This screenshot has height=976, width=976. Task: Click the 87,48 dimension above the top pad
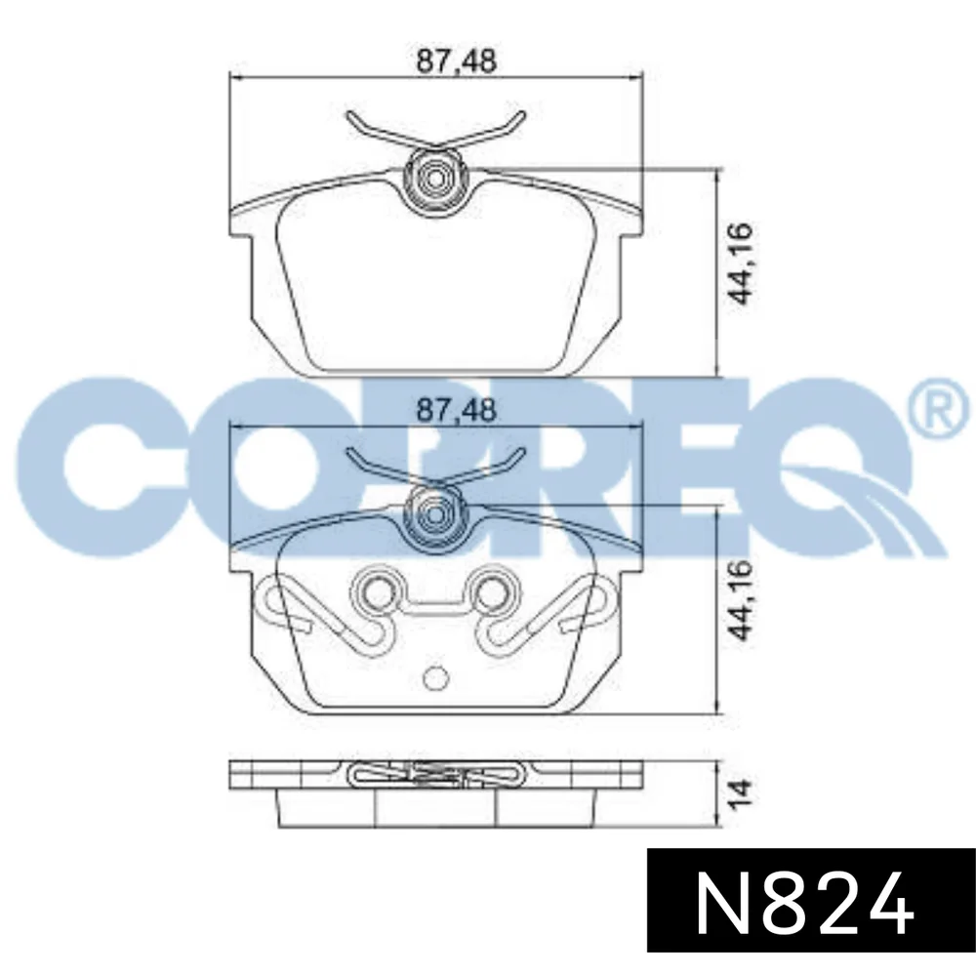pos(456,61)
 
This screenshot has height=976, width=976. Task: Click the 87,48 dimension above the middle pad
pos(456,410)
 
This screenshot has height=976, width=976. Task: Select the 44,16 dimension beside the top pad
pos(742,264)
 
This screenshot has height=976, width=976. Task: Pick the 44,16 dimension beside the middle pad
pos(742,600)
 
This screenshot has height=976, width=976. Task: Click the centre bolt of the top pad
pos(434,177)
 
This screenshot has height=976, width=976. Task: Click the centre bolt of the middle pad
pos(434,513)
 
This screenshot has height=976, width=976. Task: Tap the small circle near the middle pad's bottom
pos(434,678)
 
